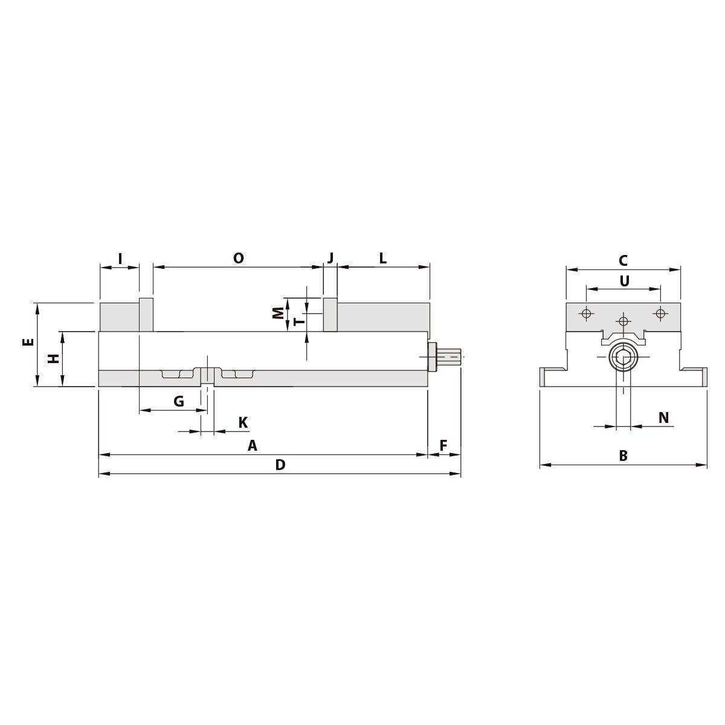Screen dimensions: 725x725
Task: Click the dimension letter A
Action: click(252, 446)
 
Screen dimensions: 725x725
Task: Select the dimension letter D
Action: click(280, 465)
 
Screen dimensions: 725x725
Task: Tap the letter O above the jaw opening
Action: click(239, 258)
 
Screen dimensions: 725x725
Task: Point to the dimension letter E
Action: click(29, 342)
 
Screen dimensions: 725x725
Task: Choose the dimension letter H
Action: click(54, 358)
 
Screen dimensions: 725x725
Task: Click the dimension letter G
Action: click(179, 401)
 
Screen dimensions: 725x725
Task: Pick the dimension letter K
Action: click(243, 422)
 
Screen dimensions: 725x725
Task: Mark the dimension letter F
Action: click(443, 446)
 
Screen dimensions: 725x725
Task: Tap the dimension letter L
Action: click(382, 258)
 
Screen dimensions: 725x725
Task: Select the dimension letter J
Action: click(330, 258)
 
